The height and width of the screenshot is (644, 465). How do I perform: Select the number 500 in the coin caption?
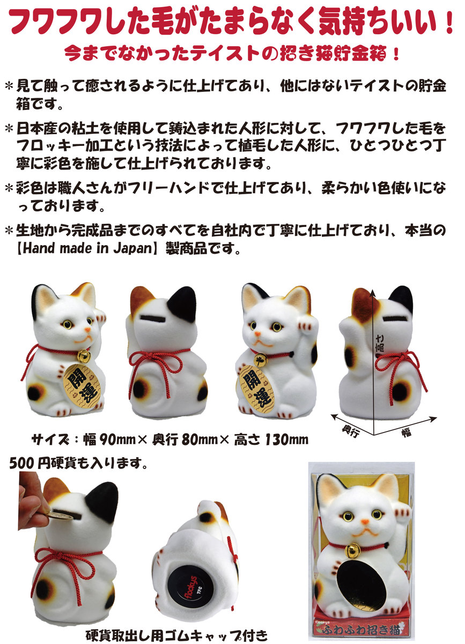pos(20,463)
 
